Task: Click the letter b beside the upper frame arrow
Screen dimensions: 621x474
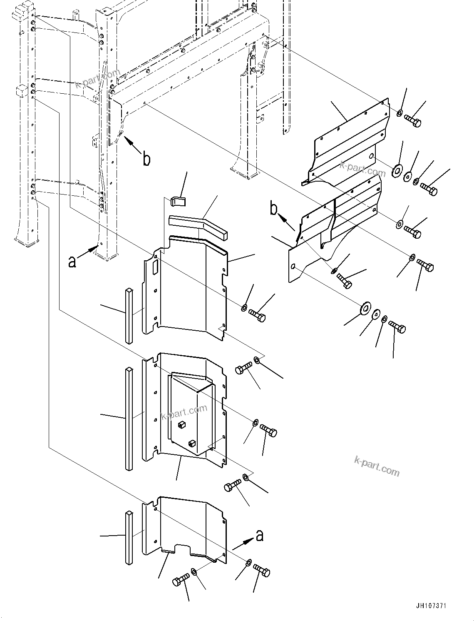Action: pyautogui.click(x=146, y=159)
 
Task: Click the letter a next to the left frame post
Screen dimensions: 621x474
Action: pyautogui.click(x=72, y=262)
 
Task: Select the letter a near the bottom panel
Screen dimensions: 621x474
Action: pyautogui.click(x=259, y=535)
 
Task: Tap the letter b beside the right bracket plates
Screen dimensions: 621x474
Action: pyautogui.click(x=273, y=209)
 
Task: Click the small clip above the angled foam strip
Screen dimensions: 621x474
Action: pyautogui.click(x=178, y=200)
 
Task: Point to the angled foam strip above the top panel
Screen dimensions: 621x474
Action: pyautogui.click(x=200, y=225)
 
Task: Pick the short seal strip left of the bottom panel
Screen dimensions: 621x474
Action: pyautogui.click(x=129, y=537)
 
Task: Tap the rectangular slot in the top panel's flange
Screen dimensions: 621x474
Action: pyautogui.click(x=156, y=266)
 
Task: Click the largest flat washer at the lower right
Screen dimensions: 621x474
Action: pyautogui.click(x=365, y=308)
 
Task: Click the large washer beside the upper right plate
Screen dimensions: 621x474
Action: pyautogui.click(x=397, y=170)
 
